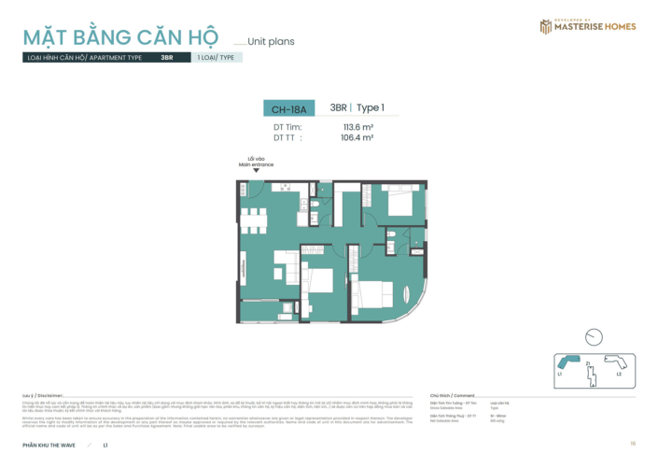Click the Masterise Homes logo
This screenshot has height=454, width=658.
[x=588, y=25]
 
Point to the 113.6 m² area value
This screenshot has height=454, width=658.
[x=357, y=126]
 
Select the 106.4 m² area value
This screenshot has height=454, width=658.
[x=357, y=136]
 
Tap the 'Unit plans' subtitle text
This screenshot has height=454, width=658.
[x=272, y=41]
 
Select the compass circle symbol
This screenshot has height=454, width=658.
[x=593, y=337]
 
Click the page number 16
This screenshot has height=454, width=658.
[x=633, y=443]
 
